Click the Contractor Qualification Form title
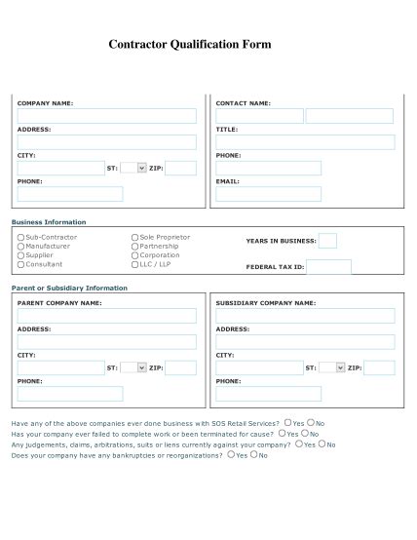point(190,45)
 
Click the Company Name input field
point(106,116)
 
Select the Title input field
point(305,142)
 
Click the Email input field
point(268,194)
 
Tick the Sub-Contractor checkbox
point(20,237)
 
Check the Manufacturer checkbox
point(20,247)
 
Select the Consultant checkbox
point(20,264)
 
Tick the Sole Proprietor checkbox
point(135,237)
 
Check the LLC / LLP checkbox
point(135,264)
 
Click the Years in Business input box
point(327,241)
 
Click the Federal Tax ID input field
point(328,266)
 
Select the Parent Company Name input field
point(106,316)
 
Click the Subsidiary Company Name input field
point(305,316)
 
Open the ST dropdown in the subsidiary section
point(333,367)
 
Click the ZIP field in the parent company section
point(180,367)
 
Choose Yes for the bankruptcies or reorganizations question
point(230,454)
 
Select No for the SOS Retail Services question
point(310,423)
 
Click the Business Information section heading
point(49,222)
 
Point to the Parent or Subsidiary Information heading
point(69,289)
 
